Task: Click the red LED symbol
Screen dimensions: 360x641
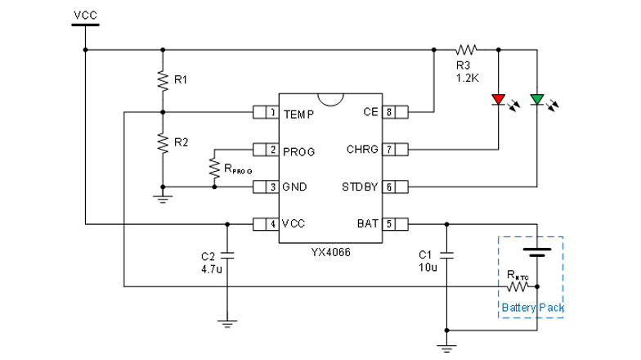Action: click(498, 101)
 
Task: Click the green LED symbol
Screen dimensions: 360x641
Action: click(537, 101)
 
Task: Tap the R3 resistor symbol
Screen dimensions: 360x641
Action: click(468, 49)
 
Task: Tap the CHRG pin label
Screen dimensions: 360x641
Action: click(362, 150)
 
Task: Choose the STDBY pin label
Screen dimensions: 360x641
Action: click(360, 187)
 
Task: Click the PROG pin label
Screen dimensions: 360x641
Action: click(299, 151)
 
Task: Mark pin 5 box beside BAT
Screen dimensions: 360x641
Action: click(390, 223)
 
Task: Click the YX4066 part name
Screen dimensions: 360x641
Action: click(330, 254)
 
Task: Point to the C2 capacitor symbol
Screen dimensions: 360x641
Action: click(226, 254)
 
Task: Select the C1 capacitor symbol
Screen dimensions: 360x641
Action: click(446, 254)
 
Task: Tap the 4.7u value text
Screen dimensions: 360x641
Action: click(211, 268)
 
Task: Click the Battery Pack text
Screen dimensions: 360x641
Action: click(532, 308)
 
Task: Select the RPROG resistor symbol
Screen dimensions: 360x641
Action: click(213, 169)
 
